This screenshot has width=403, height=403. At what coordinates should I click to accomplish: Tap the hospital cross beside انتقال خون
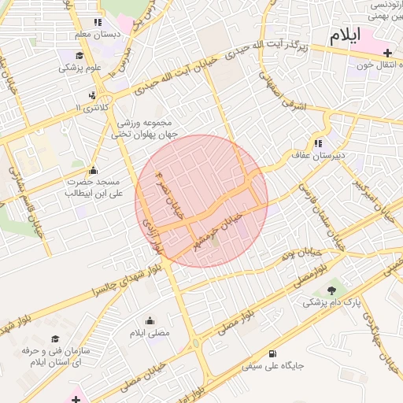tap(387, 52)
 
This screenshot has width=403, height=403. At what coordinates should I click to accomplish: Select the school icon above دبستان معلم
tap(98, 23)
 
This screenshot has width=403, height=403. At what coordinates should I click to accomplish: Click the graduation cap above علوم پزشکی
tap(79, 55)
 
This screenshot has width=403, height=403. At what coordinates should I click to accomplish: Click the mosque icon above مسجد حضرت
tap(94, 170)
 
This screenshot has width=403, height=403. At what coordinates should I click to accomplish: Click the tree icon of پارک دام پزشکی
tap(331, 290)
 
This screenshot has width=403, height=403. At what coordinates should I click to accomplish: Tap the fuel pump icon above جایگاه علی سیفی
tap(272, 354)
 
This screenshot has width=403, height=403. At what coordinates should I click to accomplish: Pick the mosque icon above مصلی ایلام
tap(150, 320)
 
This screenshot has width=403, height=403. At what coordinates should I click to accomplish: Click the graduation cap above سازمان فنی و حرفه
tap(55, 338)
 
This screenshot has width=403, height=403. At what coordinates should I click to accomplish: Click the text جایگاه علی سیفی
tap(272, 366)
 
